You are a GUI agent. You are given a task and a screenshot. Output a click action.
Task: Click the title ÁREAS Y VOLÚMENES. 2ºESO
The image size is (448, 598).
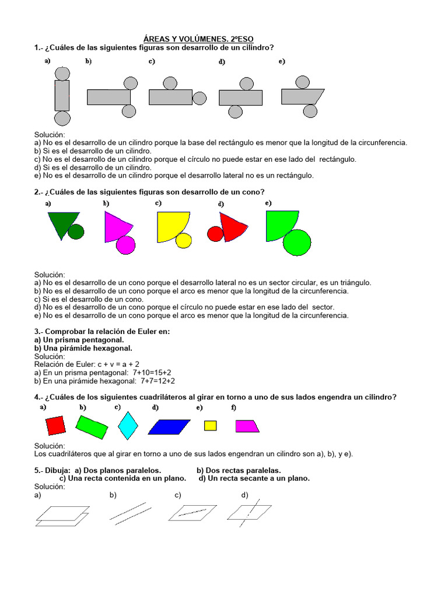(x=199, y=39)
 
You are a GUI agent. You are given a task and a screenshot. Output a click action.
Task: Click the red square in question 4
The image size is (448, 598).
(x=56, y=425)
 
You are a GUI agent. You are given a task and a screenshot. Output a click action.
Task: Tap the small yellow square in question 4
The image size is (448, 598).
(x=210, y=425)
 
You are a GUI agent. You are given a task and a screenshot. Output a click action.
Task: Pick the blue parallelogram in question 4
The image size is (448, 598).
(x=170, y=427)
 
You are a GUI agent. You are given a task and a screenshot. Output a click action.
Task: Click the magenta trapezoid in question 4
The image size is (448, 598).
(x=247, y=426)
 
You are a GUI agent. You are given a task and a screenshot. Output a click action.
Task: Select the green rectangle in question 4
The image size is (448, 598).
(x=92, y=427)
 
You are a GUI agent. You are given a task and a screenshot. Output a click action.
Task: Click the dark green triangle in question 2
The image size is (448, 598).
(x=62, y=222)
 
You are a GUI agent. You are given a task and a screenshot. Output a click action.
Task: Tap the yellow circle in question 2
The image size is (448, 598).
(x=184, y=240)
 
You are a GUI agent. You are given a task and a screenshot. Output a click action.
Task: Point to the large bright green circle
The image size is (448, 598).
(x=297, y=242)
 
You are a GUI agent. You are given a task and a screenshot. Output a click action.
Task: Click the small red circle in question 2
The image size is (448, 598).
(x=215, y=234)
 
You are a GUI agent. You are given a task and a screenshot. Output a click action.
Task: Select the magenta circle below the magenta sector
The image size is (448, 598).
(x=125, y=245)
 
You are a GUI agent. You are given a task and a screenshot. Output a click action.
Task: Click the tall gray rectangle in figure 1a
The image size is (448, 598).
(x=62, y=95)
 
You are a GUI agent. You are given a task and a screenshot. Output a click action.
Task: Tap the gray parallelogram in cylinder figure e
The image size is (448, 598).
(x=302, y=96)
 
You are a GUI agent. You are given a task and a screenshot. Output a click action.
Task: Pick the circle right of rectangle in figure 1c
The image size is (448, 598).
(x=199, y=98)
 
